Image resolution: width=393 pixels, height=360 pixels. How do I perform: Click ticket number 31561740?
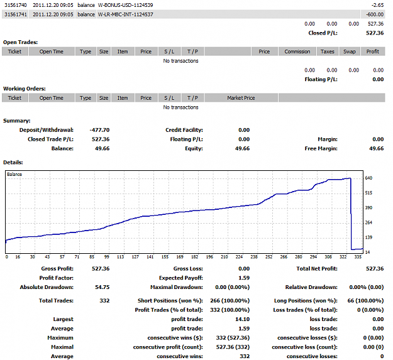(x=16, y=5)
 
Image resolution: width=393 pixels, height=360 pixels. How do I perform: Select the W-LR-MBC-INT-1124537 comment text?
(x=125, y=14)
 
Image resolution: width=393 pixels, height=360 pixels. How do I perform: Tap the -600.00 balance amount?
(x=375, y=14)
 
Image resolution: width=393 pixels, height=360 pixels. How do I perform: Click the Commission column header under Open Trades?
(x=297, y=52)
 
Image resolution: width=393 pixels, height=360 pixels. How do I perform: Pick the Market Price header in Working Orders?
(x=241, y=98)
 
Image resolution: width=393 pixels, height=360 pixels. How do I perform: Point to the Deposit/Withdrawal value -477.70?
(x=99, y=130)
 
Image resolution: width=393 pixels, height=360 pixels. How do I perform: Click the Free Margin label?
(x=321, y=149)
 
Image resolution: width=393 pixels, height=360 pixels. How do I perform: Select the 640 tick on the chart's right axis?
(x=368, y=178)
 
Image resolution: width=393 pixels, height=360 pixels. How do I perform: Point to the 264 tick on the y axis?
(x=368, y=222)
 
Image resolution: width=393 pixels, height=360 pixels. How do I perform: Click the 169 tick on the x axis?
(x=180, y=257)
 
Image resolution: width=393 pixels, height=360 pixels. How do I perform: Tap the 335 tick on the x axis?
(x=358, y=257)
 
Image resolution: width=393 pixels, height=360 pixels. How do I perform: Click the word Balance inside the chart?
(x=14, y=174)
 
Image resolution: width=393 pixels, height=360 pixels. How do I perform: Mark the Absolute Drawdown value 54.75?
(x=102, y=287)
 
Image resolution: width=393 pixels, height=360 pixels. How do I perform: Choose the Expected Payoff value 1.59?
(x=244, y=278)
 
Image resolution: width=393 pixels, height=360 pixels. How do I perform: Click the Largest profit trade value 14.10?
(x=242, y=319)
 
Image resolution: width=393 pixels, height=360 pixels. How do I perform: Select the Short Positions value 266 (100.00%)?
(x=230, y=301)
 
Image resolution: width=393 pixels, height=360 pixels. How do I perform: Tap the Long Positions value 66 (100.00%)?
(x=365, y=301)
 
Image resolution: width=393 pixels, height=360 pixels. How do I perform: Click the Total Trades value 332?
(x=104, y=301)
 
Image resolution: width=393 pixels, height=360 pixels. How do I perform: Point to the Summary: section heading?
(x=17, y=121)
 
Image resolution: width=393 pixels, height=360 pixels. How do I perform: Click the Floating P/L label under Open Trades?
(x=321, y=80)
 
